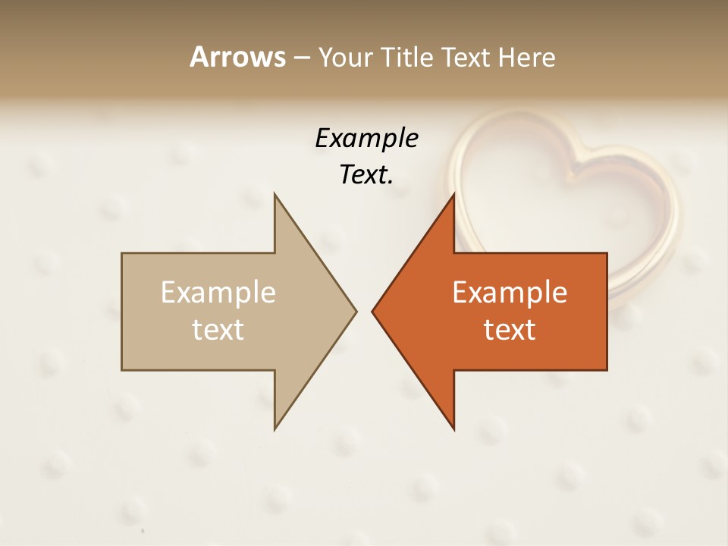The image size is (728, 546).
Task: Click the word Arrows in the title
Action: pyautogui.click(x=237, y=57)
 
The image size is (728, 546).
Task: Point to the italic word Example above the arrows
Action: pyautogui.click(x=366, y=139)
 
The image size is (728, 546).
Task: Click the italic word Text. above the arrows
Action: pyautogui.click(x=366, y=174)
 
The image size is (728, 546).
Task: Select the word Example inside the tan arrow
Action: pyautogui.click(x=218, y=293)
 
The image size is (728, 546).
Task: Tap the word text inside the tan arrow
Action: pyautogui.click(x=218, y=329)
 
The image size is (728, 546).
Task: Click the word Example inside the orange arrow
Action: pyautogui.click(x=510, y=293)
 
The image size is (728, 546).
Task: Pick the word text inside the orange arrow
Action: pyautogui.click(x=510, y=329)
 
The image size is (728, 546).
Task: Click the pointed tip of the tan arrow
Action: pyautogui.click(x=356, y=311)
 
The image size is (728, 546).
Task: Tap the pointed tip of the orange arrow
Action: pyautogui.click(x=372, y=311)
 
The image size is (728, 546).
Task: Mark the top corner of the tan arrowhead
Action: pyautogui.click(x=275, y=194)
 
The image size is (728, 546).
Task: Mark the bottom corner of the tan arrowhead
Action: pyautogui.click(x=275, y=429)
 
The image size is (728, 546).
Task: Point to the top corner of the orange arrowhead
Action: pyautogui.click(x=453, y=194)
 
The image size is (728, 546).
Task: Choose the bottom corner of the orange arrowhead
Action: pyautogui.click(x=453, y=429)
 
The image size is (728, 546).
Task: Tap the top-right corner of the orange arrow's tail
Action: pyautogui.click(x=607, y=253)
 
